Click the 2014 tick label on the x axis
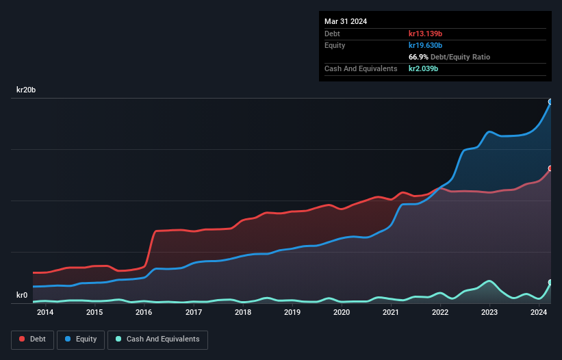pos(45,313)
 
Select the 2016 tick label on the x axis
pos(144,313)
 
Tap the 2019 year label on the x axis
pos(292,313)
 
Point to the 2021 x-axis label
pos(391,313)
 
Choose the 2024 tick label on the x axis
pos(539,313)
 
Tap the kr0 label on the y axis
pos(22,296)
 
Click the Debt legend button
pos(33,339)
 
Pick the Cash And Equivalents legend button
pos(157,339)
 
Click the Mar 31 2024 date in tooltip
pos(346,21)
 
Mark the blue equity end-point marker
pos(550,102)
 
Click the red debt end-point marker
pos(550,168)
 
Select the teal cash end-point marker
pos(550,282)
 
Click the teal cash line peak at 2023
pos(489,281)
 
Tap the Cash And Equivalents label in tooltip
pos(361,69)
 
